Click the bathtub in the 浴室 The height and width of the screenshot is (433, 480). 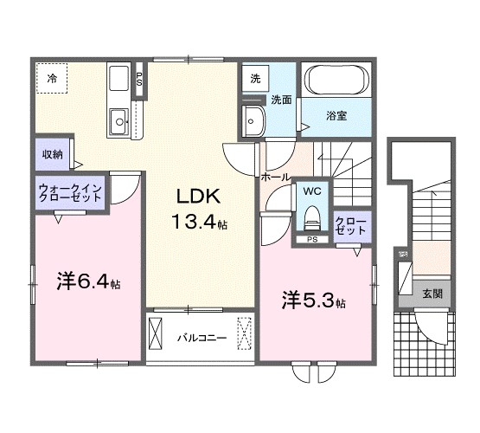pos(336,80)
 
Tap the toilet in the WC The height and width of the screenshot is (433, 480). pos(312,218)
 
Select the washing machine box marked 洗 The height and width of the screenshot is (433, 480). pos(255,79)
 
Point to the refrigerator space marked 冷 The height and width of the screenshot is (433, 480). pos(52,78)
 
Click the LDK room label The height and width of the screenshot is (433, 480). pos(199,197)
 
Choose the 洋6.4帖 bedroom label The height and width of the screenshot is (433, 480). pos(88,281)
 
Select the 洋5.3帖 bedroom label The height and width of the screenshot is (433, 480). pos(314,301)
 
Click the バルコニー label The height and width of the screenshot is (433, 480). pos(202,338)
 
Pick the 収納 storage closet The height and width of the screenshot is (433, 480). pos(53,154)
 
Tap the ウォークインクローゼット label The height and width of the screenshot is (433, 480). pos(70,192)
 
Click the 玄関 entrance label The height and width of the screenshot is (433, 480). pos(432,294)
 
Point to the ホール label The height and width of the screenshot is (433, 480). pos(275,177)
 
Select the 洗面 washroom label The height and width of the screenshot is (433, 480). pos(281,100)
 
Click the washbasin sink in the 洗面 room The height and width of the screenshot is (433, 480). pos(253,121)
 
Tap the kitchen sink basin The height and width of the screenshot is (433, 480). pos(119,121)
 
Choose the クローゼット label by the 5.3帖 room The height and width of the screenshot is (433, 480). pos(350,226)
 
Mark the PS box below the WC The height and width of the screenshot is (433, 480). pos(312,240)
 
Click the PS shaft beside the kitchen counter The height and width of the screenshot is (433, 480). pos(139,79)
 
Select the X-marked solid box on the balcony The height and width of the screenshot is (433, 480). pos(155,333)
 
